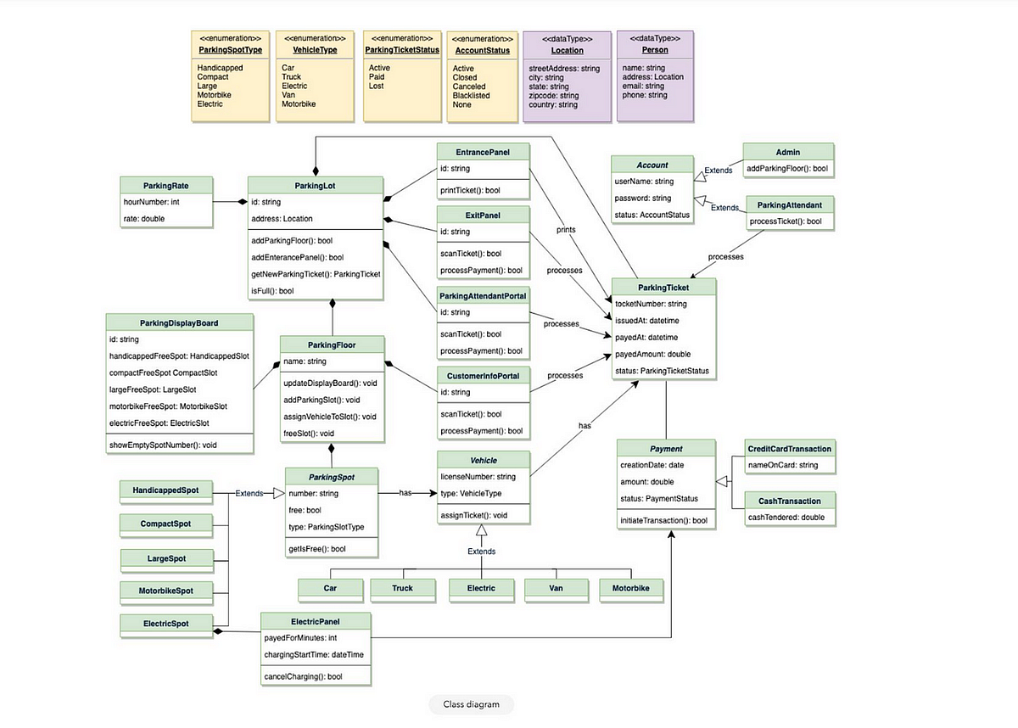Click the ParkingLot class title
pyautogui.click(x=315, y=185)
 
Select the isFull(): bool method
pyautogui.click(x=271, y=291)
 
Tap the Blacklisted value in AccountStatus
pyautogui.click(x=471, y=96)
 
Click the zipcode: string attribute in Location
pyautogui.click(x=553, y=96)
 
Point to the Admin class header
pyautogui.click(x=787, y=152)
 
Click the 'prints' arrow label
pyautogui.click(x=566, y=230)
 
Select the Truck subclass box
pyautogui.click(x=402, y=587)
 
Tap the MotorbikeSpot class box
pyautogui.click(x=166, y=590)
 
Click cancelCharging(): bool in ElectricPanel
pyautogui.click(x=303, y=676)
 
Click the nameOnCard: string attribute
pyautogui.click(x=782, y=465)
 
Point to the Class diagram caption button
pyautogui.click(x=471, y=704)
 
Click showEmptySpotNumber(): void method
pyautogui.click(x=163, y=445)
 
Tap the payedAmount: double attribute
pyautogui.click(x=652, y=354)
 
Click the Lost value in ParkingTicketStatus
pyautogui.click(x=377, y=86)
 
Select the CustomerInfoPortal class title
pyautogui.click(x=483, y=374)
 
